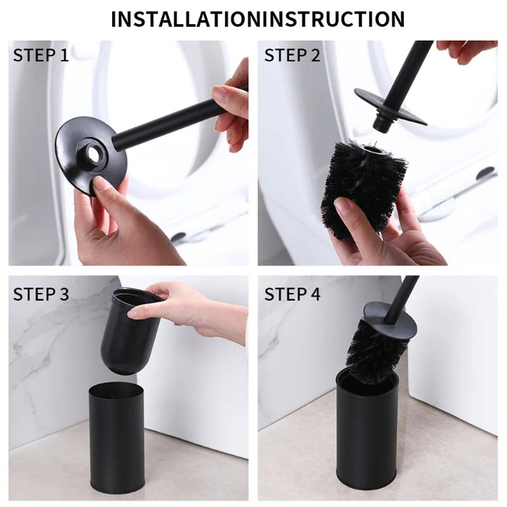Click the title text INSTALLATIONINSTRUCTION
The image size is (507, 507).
[x=257, y=19]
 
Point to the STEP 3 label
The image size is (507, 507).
[x=41, y=294]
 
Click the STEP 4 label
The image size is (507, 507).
[x=292, y=294]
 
